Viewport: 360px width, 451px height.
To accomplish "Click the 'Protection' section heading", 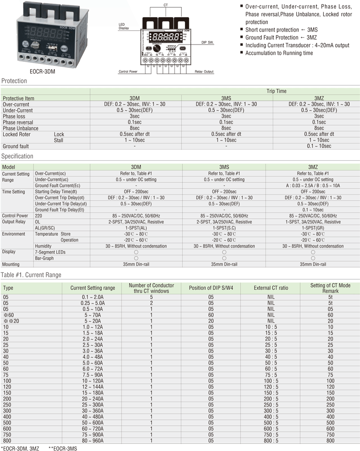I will pyautogui.click(x=14, y=81).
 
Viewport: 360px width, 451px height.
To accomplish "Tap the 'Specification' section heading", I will pyautogui.click(x=17, y=156).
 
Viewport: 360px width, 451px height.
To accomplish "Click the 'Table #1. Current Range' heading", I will pyautogui.click(x=31, y=275).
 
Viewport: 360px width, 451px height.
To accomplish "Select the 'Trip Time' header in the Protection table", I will pyautogui.click(x=276, y=91).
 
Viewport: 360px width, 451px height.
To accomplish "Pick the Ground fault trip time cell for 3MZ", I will pyautogui.click(x=319, y=146).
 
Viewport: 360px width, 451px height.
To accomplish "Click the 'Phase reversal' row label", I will pyautogui.click(x=18, y=122).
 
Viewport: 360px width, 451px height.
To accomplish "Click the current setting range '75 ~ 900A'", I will pyautogui.click(x=93, y=435).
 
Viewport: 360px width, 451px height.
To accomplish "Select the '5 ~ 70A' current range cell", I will pyautogui.click(x=93, y=315).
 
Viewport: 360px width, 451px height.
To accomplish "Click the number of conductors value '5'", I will pyautogui.click(x=151, y=297).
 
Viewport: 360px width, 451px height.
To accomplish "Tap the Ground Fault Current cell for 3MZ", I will pyautogui.click(x=313, y=185).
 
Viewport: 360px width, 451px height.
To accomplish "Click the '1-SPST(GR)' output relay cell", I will pyautogui.click(x=313, y=228).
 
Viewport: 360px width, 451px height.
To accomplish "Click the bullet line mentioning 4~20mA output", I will pyautogui.click(x=297, y=45).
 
